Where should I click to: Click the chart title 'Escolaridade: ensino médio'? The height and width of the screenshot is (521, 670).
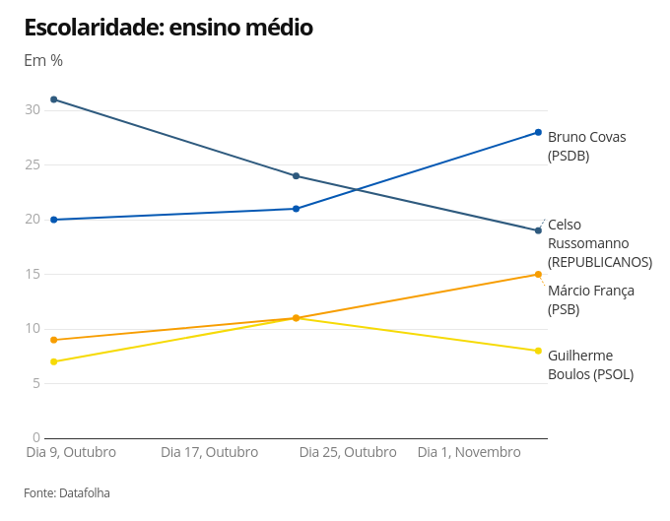point(168,28)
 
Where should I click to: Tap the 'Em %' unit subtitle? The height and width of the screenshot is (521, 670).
point(43,60)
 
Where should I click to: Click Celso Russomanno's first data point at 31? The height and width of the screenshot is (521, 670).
point(53,99)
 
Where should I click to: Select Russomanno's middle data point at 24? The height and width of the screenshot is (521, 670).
point(296,176)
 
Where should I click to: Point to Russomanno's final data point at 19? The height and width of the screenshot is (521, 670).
point(538,230)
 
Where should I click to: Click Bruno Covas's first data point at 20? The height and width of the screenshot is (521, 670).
point(53,220)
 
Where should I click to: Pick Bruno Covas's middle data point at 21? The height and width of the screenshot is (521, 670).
point(296,209)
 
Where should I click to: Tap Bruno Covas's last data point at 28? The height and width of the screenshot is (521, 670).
point(538,132)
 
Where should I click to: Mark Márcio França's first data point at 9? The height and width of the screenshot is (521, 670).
point(53,340)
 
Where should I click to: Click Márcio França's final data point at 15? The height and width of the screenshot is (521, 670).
point(538,275)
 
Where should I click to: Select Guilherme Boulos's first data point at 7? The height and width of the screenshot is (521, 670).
point(53,361)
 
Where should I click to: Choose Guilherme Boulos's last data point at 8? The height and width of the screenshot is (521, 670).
point(538,351)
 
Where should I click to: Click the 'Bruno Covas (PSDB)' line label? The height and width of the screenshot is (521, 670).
point(586,146)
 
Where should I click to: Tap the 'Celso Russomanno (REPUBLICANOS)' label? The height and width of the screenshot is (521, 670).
point(599,243)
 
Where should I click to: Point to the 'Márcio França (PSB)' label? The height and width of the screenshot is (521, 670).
point(590,299)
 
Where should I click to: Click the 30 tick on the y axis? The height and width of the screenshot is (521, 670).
point(33,110)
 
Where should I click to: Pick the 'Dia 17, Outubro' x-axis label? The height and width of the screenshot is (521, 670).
point(209,452)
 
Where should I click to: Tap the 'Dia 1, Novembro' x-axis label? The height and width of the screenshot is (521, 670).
point(469,452)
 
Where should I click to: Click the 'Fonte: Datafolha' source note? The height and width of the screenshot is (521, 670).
point(67,492)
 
